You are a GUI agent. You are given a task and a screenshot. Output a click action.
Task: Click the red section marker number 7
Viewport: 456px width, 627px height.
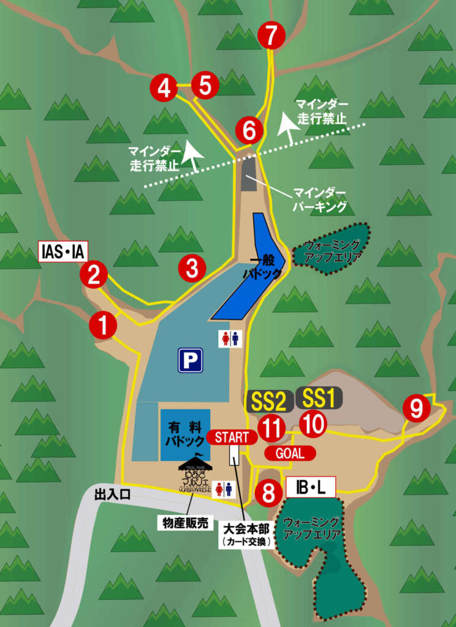pos(272,36)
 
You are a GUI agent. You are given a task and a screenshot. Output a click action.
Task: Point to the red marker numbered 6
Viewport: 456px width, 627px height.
pos(249,130)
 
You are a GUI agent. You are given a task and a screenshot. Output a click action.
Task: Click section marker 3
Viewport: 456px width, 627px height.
pos(192,268)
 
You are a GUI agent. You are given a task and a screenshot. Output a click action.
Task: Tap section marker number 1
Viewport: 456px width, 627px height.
pos(103,325)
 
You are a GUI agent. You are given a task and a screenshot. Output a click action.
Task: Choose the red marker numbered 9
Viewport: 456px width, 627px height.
pos(416,408)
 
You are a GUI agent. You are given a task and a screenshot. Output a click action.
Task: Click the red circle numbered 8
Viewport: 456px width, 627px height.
pos(268,494)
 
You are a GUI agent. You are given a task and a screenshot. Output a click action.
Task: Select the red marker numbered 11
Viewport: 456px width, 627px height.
pos(270,427)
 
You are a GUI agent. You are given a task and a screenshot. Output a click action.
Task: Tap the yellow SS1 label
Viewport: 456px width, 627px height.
pos(319,399)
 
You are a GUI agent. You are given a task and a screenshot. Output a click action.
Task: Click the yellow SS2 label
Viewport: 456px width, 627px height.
pos(267,401)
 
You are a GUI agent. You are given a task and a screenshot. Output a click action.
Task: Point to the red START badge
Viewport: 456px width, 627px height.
pos(232,437)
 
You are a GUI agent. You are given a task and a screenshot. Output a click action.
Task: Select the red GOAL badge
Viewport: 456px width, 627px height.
pos(291,453)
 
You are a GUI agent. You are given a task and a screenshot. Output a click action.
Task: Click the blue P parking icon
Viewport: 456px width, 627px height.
pos(190,360)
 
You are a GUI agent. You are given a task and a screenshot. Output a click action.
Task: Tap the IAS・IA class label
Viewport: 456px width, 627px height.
pos(64,251)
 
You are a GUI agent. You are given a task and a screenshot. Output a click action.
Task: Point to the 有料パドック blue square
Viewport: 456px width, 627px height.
pos(185,435)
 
